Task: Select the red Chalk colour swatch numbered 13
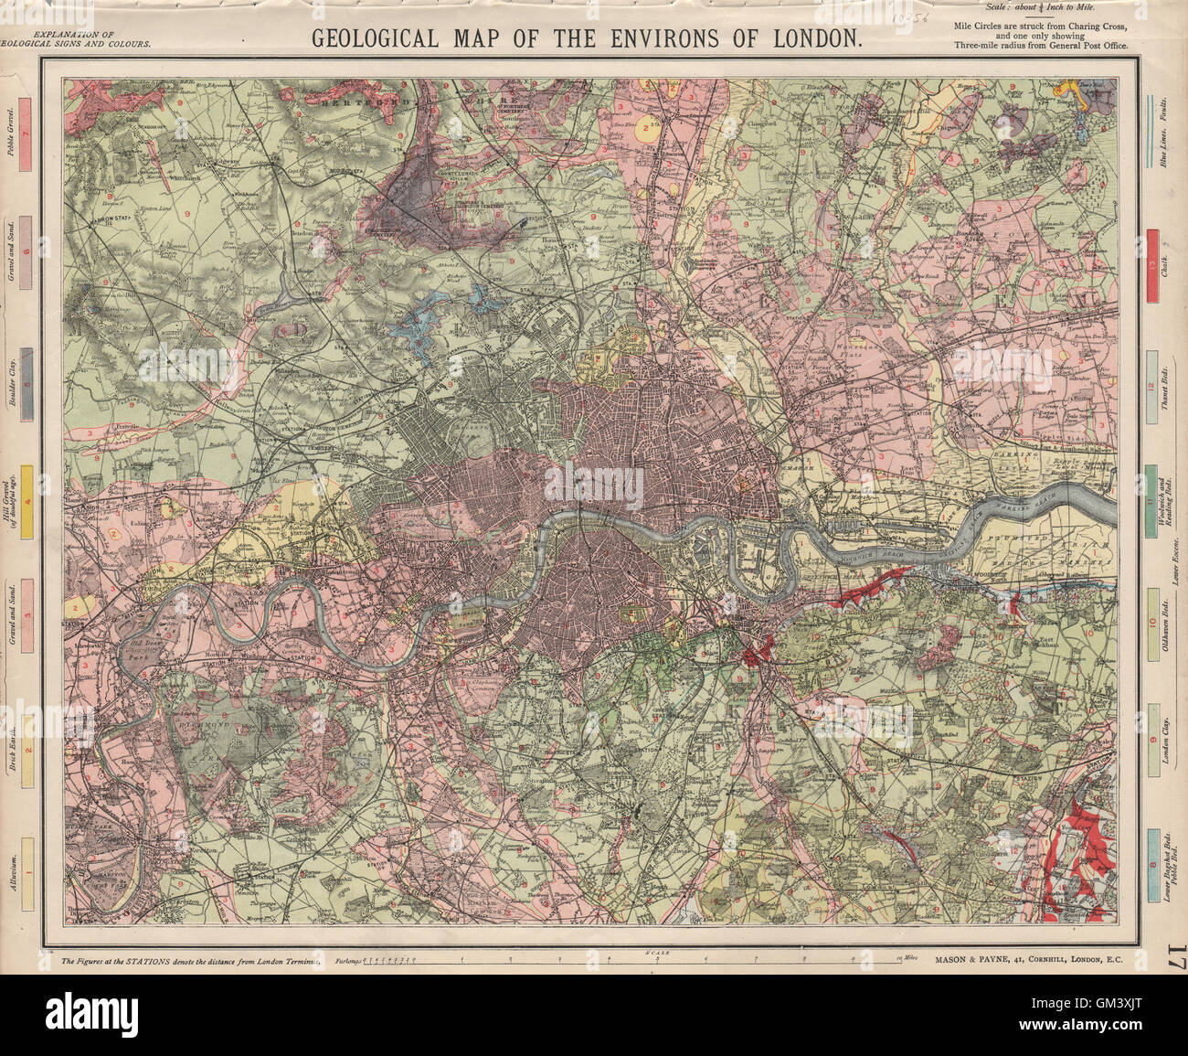[1153, 265]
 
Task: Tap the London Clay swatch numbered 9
[1153, 739]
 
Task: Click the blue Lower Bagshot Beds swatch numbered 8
[1153, 864]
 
